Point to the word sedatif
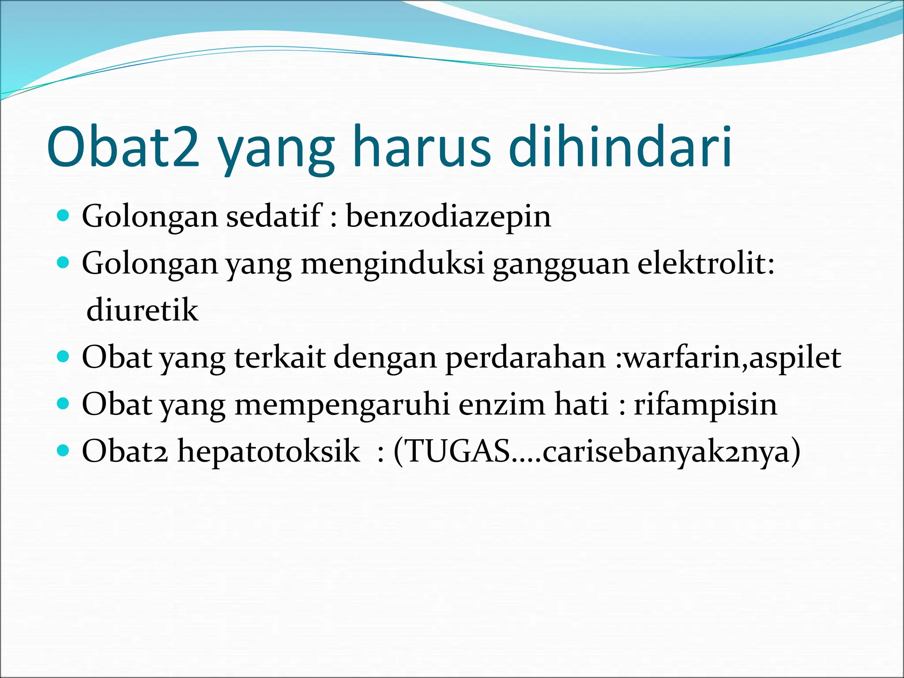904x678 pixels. [x=274, y=216]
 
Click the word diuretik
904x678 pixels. [x=142, y=310]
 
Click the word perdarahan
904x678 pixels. [x=525, y=358]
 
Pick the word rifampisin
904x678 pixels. [x=705, y=405]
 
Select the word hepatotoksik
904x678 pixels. [x=268, y=452]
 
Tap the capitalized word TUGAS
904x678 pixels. [x=458, y=451]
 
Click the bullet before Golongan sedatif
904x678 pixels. [x=64, y=216]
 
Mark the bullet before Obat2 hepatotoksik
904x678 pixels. [x=64, y=451]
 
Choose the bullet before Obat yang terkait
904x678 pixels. [x=64, y=357]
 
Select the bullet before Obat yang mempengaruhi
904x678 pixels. [x=64, y=403]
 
